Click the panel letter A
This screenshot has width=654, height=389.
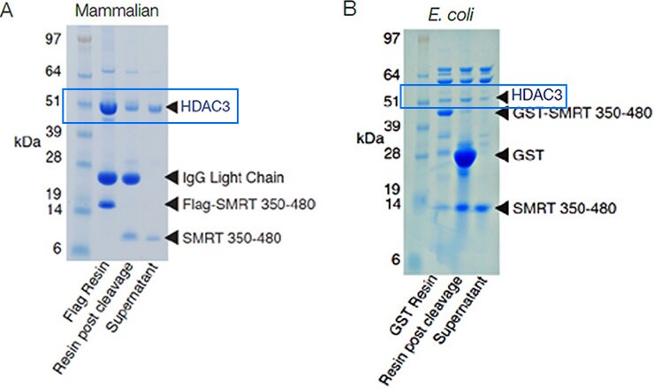(7, 11)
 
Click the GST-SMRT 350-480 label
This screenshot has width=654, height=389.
(572, 113)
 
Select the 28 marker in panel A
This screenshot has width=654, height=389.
(53, 156)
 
